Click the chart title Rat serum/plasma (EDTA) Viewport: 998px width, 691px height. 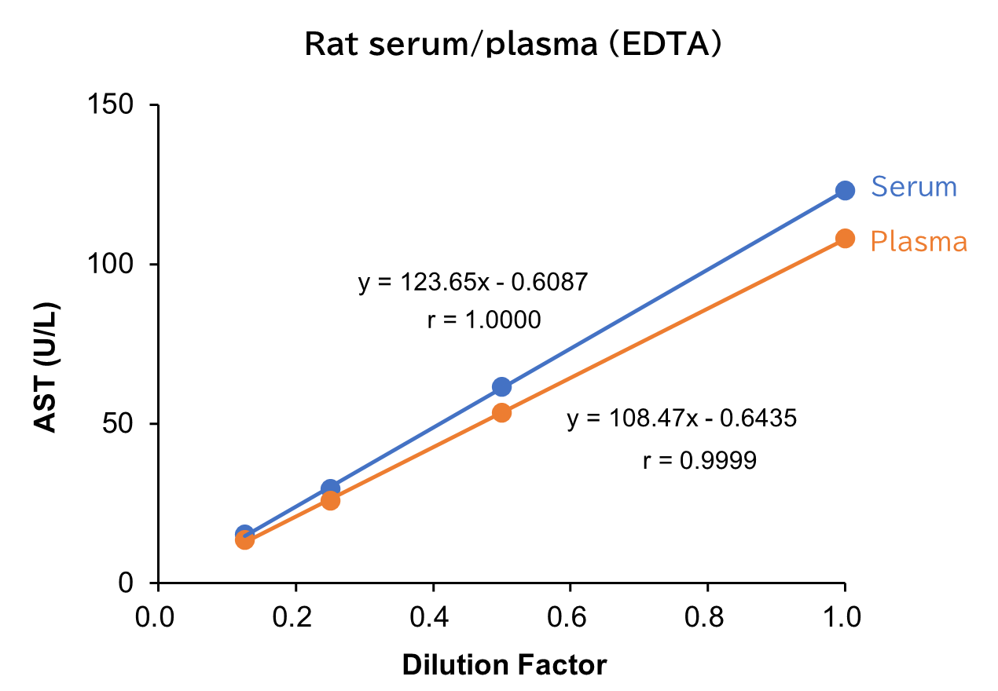coord(512,45)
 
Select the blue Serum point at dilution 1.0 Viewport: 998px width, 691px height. coord(845,190)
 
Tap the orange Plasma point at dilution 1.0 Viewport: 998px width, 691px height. coord(845,238)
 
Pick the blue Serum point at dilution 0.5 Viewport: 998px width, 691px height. coord(501,386)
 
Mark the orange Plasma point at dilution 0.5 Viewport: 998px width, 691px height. coord(501,412)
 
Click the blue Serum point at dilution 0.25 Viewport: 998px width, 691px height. coord(331,488)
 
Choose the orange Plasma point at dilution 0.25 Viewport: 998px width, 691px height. coord(331,500)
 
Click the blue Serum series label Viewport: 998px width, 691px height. coord(913,187)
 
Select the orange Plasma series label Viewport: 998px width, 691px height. coord(918,241)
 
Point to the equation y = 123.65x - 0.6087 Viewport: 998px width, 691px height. coord(473,282)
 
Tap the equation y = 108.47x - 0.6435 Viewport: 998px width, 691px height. coord(681,419)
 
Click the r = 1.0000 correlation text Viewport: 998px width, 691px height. coord(484,320)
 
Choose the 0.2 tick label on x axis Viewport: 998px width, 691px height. coord(295,616)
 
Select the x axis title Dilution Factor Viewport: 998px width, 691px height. coord(505,665)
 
